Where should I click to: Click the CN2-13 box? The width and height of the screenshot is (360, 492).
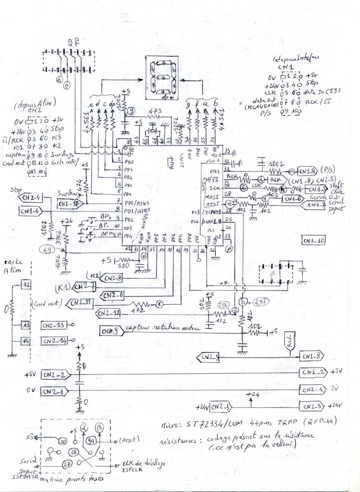click(53, 325)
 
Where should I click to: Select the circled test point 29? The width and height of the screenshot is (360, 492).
click(74, 452)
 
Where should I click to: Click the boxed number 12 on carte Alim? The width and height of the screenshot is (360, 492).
click(27, 285)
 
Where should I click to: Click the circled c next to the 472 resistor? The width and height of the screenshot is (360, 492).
click(158, 304)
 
